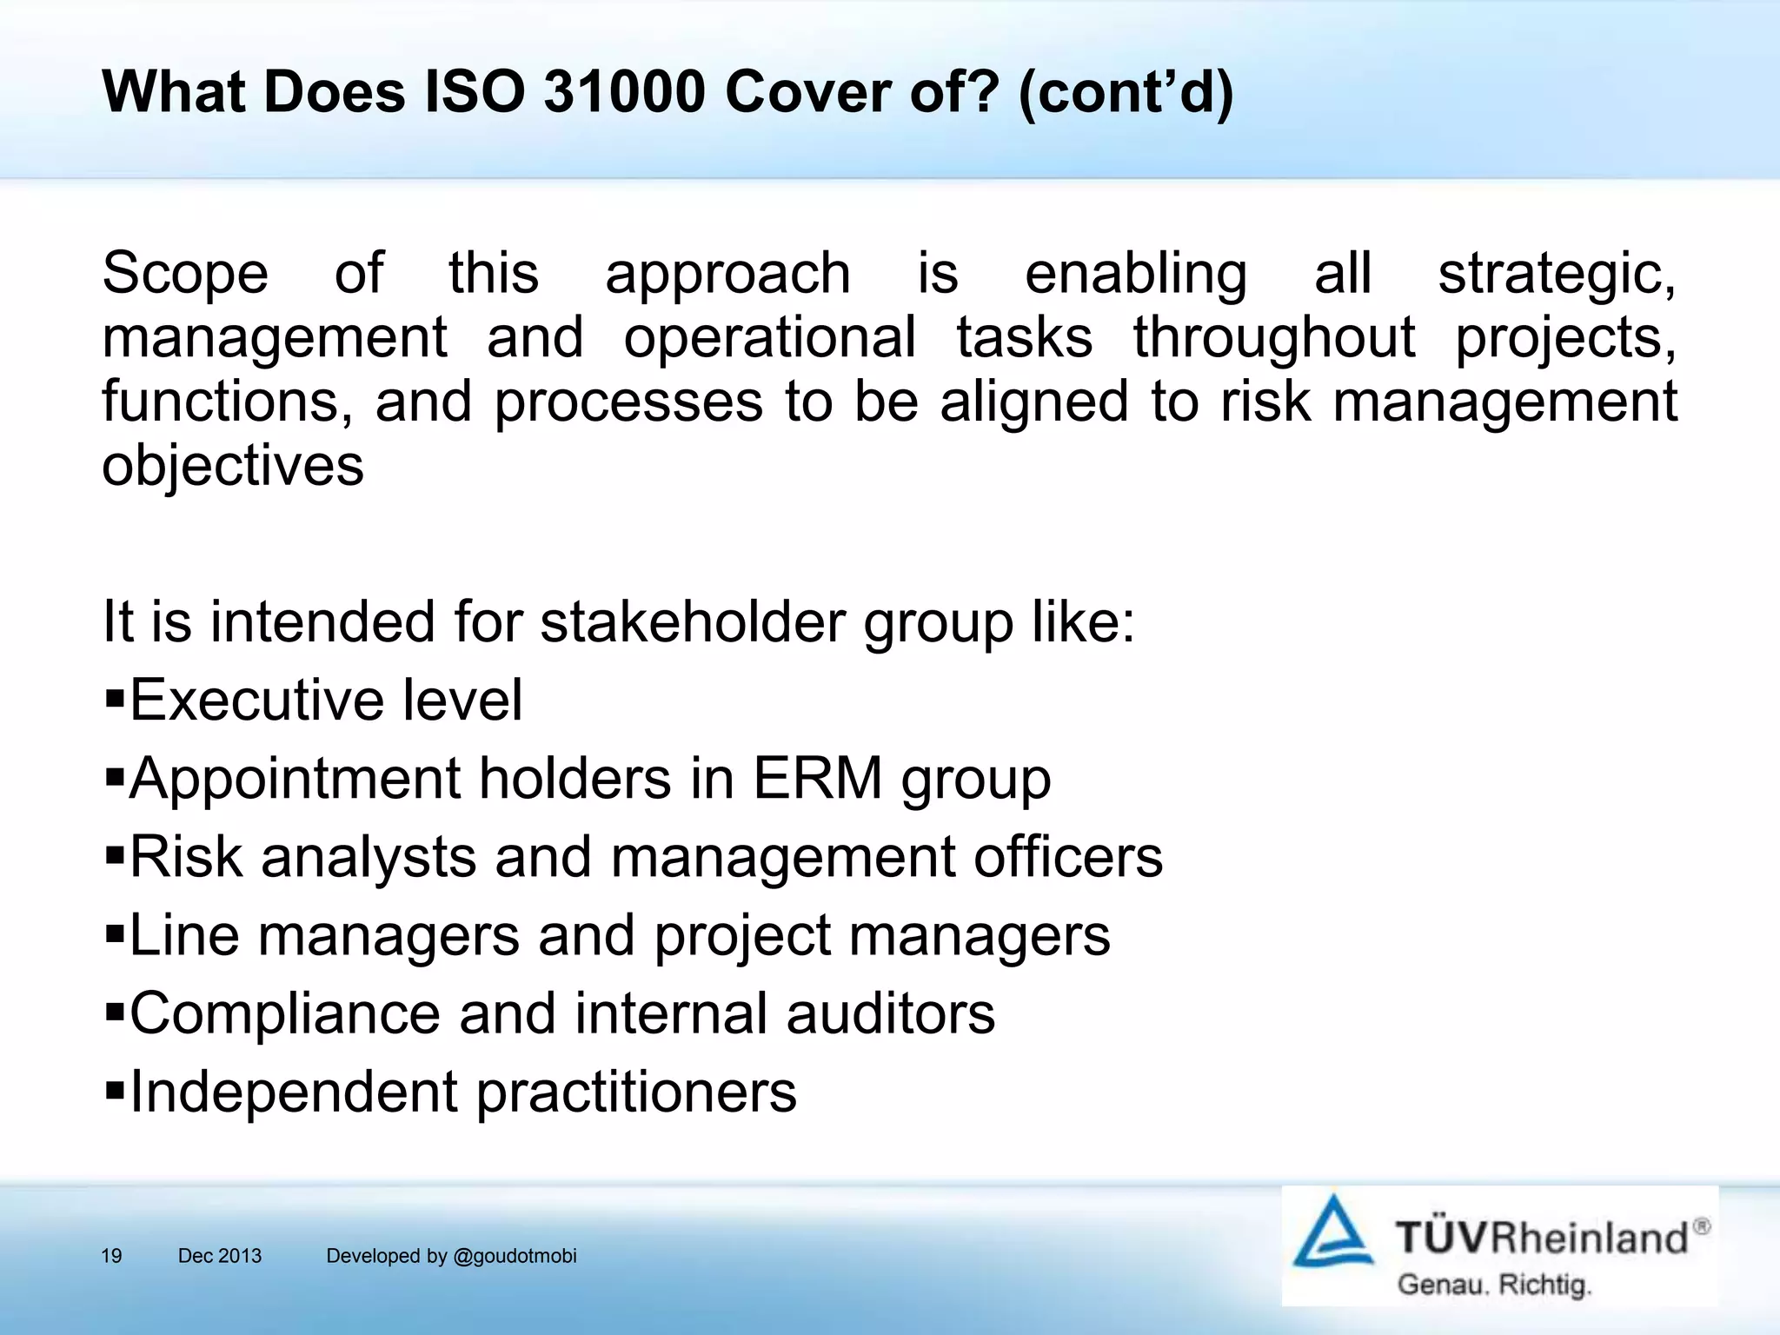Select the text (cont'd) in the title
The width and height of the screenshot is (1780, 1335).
point(1125,92)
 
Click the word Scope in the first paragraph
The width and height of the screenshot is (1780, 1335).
point(184,273)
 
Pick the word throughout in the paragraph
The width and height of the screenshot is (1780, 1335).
point(1273,337)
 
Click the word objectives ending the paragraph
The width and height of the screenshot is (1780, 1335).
point(232,466)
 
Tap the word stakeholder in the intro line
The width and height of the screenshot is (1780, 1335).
point(692,622)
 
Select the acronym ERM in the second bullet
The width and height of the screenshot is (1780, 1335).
point(817,778)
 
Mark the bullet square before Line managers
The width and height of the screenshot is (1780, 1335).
point(115,933)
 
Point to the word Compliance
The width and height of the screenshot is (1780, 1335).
point(285,1014)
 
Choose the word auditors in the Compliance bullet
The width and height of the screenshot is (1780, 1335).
point(890,1013)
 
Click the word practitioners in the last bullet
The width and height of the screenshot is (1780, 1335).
point(636,1093)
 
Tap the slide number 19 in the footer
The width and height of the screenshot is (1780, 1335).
point(111,1256)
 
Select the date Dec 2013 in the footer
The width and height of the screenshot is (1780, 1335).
point(219,1256)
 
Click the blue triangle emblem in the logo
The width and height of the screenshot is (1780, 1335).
point(1332,1232)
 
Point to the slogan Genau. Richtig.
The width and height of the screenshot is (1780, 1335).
point(1493,1285)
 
